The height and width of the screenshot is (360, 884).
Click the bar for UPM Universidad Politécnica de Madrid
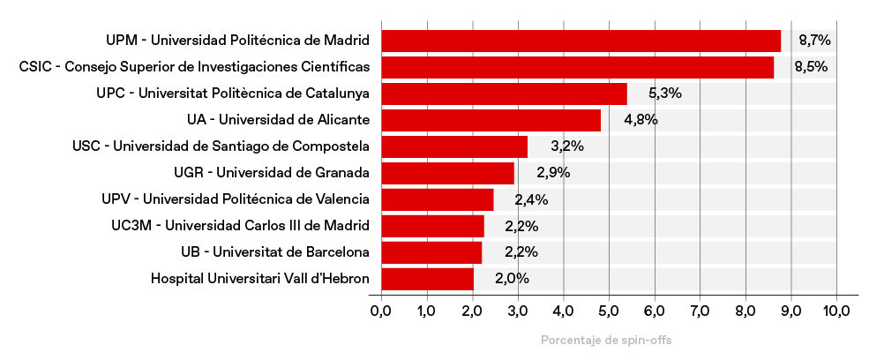[x=581, y=41]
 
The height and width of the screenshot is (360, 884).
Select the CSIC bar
[x=577, y=67]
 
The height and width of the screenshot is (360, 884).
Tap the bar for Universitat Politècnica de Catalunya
[x=504, y=94]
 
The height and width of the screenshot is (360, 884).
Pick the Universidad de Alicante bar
[x=491, y=120]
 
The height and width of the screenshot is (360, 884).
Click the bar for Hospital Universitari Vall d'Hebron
[x=427, y=279]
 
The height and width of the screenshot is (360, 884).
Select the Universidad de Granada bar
[x=447, y=173]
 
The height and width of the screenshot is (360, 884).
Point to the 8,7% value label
[x=814, y=41]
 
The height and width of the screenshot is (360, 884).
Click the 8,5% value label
[x=810, y=67]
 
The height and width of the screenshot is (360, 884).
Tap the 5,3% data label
[x=664, y=94]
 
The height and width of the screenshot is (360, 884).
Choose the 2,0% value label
[x=512, y=279]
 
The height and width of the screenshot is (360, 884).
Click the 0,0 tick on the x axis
[x=381, y=311]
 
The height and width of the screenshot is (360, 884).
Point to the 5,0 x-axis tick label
[x=609, y=311]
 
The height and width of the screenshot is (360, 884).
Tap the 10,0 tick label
[x=836, y=311]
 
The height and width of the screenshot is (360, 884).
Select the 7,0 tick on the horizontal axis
[x=700, y=311]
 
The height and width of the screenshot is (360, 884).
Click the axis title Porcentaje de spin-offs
[x=609, y=341]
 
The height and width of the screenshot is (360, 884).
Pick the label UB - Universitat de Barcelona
[x=274, y=252]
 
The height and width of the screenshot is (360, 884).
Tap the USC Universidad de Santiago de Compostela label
[x=221, y=146]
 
